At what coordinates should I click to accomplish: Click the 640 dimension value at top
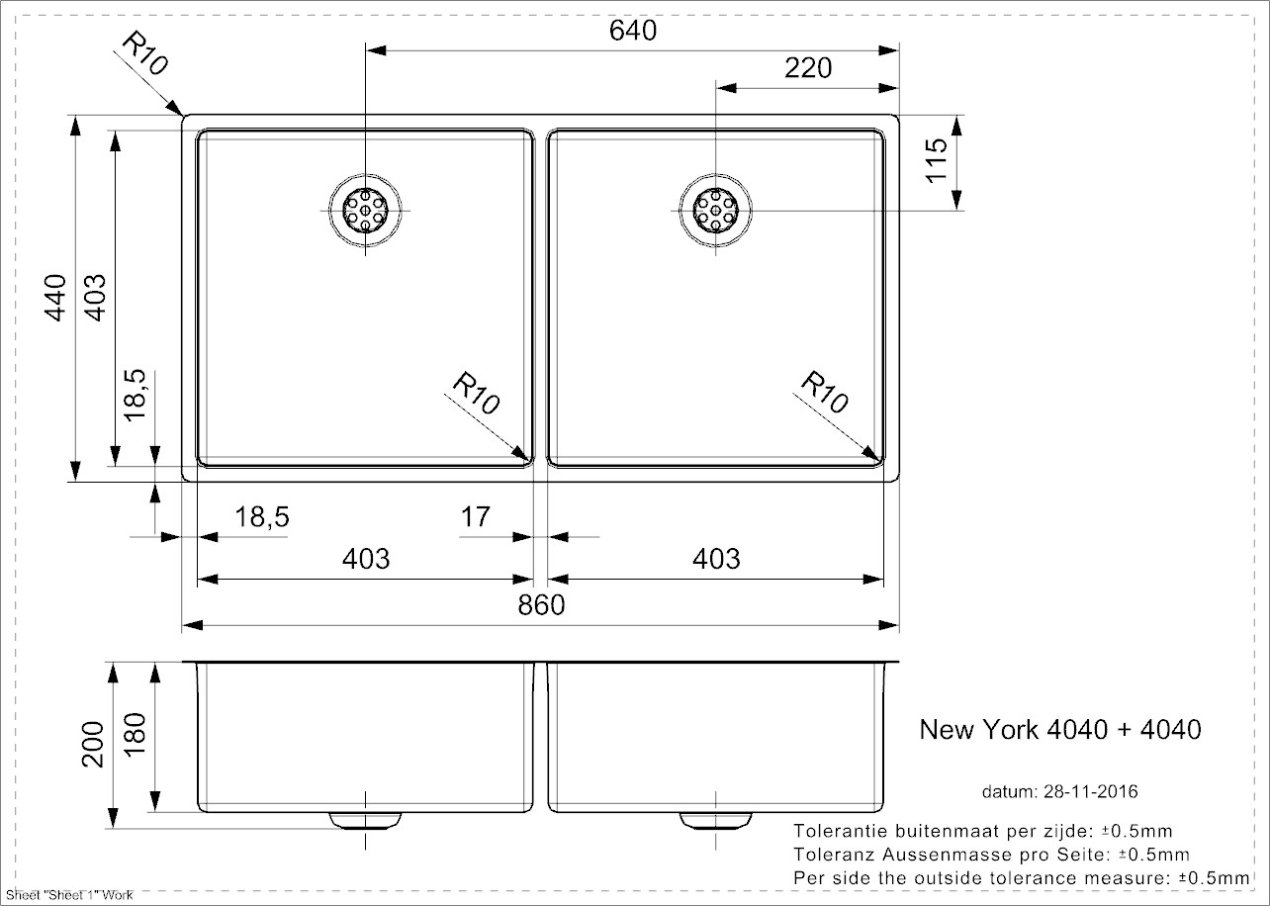(x=633, y=31)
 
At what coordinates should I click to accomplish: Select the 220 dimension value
(x=807, y=68)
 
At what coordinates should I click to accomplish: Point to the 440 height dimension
(x=56, y=297)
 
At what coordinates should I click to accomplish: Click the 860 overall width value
(x=541, y=605)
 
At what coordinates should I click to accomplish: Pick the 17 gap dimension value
(x=476, y=517)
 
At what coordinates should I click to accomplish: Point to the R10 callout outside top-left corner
(x=144, y=54)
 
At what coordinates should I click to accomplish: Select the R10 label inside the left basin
(x=477, y=393)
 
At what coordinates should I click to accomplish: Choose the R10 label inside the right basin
(x=824, y=392)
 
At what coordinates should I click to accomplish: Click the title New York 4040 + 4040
(x=1060, y=730)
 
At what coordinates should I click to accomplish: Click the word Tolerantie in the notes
(x=839, y=831)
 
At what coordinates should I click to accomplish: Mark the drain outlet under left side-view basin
(x=366, y=820)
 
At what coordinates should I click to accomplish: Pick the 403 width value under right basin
(x=716, y=559)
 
